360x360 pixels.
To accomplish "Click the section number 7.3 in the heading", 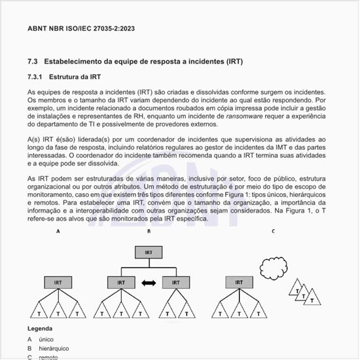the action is pos(33,62).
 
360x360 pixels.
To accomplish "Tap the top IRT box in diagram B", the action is pos(149,252).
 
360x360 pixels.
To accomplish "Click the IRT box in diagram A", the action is pos(58,283).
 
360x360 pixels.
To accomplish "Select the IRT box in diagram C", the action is pos(238,283).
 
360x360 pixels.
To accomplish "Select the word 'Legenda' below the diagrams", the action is pos(40,328).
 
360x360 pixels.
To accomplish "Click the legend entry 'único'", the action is pos(46,340).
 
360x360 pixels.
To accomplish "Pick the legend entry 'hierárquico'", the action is pos(53,349).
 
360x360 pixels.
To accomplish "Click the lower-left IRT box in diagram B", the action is pos(121,283).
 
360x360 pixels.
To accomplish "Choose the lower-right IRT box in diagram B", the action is pos(175,283).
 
